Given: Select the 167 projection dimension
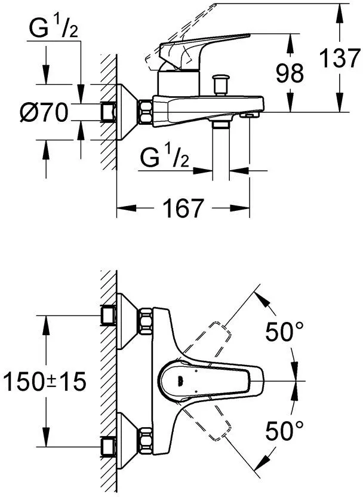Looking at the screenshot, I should point(183,208).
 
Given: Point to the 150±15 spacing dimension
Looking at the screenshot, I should point(45,381).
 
